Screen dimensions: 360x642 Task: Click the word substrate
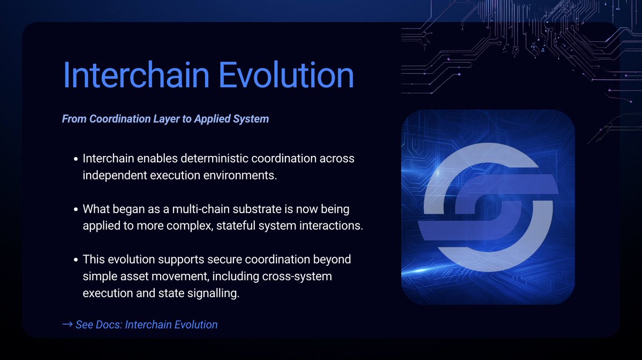[245, 208]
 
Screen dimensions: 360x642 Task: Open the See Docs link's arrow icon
[67, 325]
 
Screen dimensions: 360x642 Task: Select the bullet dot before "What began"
[76, 209]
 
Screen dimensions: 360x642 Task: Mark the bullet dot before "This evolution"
[76, 260]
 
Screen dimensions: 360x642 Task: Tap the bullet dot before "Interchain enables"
[76, 160]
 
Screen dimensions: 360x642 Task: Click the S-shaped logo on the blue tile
[488, 207]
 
